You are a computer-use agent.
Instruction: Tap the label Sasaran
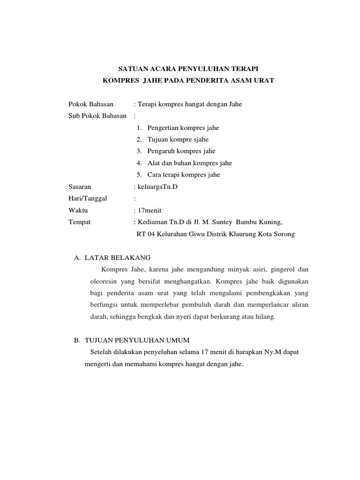click(80, 187)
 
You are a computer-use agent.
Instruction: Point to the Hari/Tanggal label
click(88, 198)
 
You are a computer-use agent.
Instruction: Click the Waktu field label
click(78, 210)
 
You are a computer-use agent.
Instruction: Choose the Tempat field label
click(79, 222)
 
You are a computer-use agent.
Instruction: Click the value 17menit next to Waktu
click(149, 210)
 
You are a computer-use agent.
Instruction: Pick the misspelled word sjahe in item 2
click(200, 139)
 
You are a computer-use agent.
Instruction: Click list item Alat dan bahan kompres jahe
click(189, 163)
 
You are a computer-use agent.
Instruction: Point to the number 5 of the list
click(139, 175)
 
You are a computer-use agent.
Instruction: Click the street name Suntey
click(233, 222)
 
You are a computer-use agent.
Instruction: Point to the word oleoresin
click(105, 282)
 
